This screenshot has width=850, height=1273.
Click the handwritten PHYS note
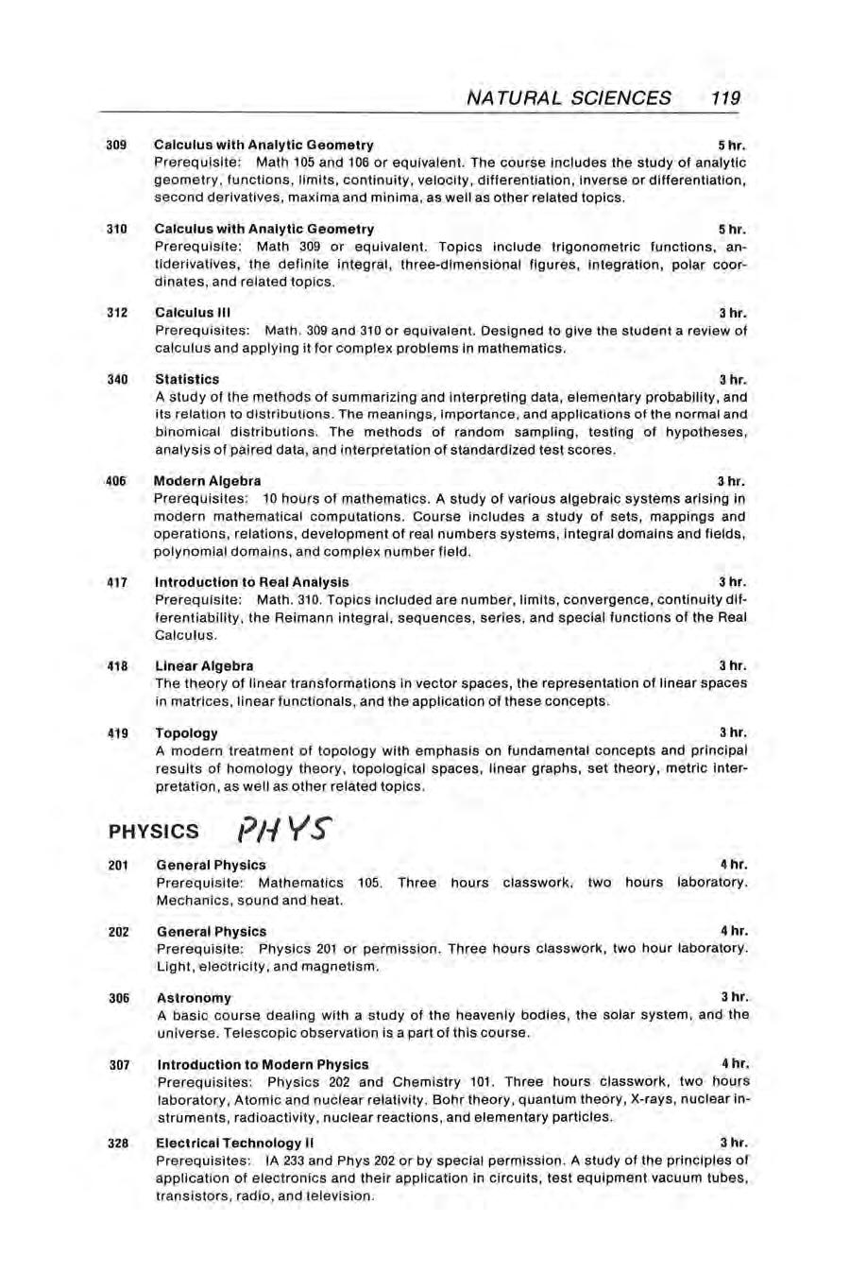(282, 829)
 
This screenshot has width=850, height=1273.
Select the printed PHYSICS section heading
(154, 832)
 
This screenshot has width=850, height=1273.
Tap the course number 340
(117, 379)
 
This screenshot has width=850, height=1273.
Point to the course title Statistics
(187, 379)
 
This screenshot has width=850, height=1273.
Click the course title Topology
(186, 732)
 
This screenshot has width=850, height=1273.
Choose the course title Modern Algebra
(208, 480)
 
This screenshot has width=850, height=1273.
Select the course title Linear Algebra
(204, 665)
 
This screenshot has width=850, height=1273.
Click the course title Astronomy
(194, 998)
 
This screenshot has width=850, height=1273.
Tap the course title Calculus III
(193, 313)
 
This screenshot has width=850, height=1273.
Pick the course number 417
(117, 582)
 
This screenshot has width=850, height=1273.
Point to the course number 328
(117, 1143)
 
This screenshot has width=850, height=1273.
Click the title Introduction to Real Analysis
(252, 582)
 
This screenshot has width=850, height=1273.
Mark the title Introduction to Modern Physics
(263, 1065)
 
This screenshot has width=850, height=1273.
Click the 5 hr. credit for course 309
(732, 146)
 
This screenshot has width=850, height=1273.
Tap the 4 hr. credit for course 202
(734, 931)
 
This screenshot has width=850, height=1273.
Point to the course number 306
(117, 998)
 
